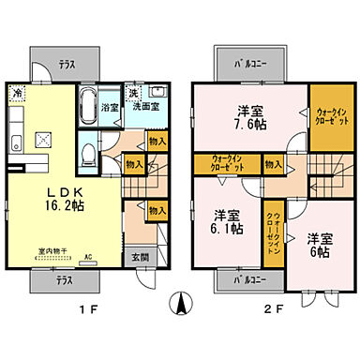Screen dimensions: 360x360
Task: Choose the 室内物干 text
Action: [52, 250]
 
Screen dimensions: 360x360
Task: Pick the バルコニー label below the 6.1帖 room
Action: [248, 278]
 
